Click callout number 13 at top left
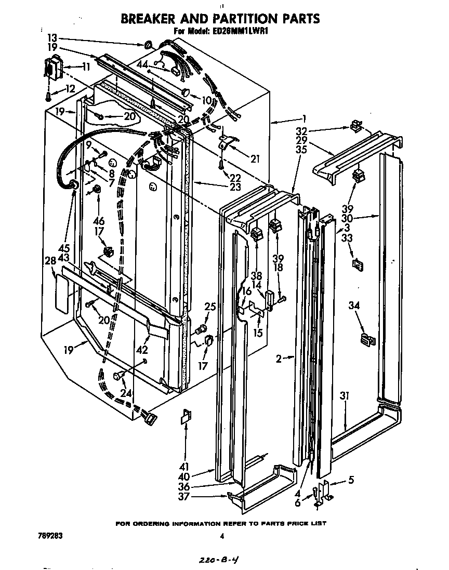[52, 38]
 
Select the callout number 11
[86, 67]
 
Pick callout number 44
[143, 64]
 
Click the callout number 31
[345, 396]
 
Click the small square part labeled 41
[186, 417]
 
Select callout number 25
[210, 307]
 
